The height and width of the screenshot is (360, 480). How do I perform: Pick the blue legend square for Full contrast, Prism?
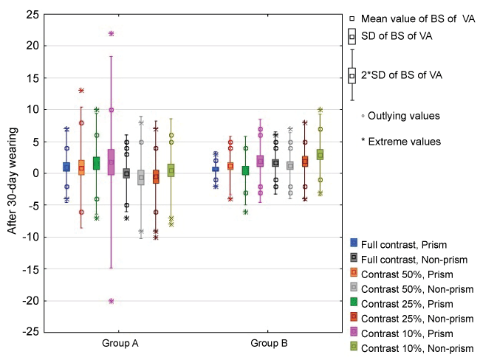354,242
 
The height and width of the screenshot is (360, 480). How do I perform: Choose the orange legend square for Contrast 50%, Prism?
354,271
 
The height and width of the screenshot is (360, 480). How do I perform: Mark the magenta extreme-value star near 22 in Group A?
111,34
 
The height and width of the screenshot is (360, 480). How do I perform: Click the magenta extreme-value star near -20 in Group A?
111,301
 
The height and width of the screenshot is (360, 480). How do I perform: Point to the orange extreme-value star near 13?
81,91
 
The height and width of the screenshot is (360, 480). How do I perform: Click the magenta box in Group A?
111,162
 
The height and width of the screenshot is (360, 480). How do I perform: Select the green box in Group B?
244,170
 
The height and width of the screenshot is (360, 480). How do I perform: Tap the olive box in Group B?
319,154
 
